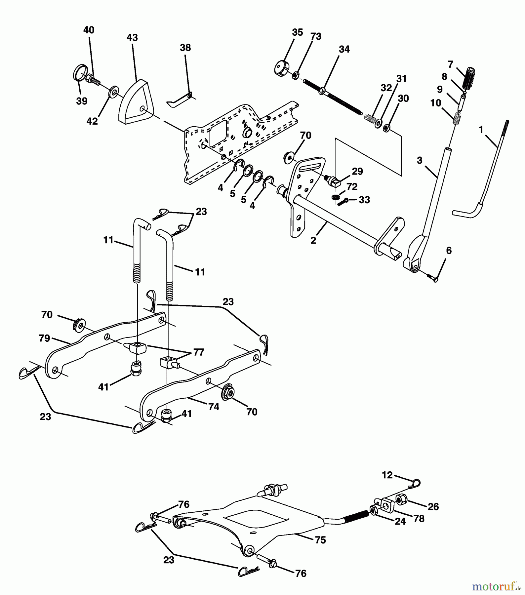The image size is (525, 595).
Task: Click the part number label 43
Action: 132,38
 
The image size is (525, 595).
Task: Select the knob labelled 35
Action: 281,67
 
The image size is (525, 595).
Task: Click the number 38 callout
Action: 185,48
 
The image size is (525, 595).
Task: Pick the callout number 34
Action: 344,49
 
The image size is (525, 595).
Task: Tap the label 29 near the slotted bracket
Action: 357,171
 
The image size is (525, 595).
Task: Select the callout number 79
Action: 44,338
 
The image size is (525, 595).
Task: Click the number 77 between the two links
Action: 198,352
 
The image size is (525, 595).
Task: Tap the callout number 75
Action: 320,540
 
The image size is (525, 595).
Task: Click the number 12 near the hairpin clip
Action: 387,475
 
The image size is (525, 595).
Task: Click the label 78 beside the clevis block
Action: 419,519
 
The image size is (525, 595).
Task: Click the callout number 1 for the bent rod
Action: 481,130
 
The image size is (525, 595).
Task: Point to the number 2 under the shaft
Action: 313,240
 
